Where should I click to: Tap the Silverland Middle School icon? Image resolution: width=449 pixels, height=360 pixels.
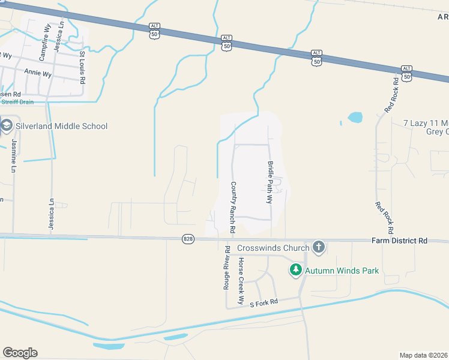pos(7,126)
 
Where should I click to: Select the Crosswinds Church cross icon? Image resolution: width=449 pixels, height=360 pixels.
pos(319,247)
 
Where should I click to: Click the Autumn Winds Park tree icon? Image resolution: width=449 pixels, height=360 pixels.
pos(295,271)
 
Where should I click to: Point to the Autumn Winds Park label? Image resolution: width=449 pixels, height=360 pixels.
pos(342,271)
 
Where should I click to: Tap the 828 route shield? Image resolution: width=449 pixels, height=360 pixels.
pos(188,239)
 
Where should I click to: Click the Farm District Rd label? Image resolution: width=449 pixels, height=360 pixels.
pos(400,241)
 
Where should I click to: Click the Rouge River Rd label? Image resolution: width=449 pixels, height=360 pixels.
pos(227,268)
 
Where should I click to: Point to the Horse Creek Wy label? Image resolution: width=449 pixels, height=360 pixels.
pos(241,280)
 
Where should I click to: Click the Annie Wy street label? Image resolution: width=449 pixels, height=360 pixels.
pos(37,74)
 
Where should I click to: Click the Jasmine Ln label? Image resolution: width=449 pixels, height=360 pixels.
pos(14,156)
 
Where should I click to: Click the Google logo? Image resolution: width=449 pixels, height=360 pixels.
pos(20,353)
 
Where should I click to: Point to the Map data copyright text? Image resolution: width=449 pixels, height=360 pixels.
pos(424,355)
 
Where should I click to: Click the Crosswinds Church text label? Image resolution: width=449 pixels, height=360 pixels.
pos(273,248)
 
